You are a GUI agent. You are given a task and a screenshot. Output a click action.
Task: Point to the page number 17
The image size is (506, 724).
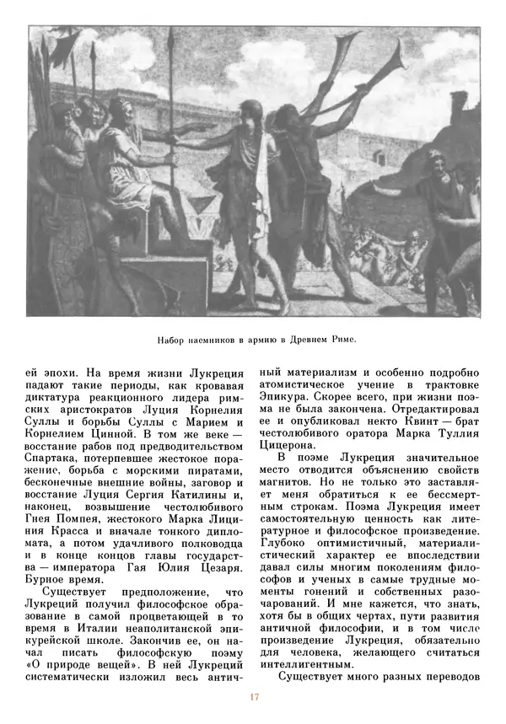[253, 697]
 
